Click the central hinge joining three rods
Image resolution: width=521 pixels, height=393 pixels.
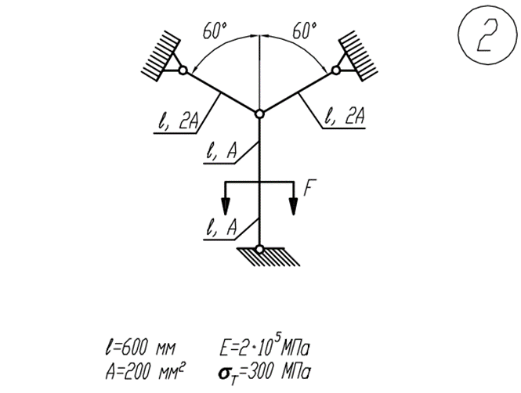pos(259,114)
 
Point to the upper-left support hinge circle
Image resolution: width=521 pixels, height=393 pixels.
pos(183,70)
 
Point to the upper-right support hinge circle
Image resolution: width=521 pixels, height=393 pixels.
pos(335,70)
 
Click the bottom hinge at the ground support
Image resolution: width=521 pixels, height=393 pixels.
pos(259,249)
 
